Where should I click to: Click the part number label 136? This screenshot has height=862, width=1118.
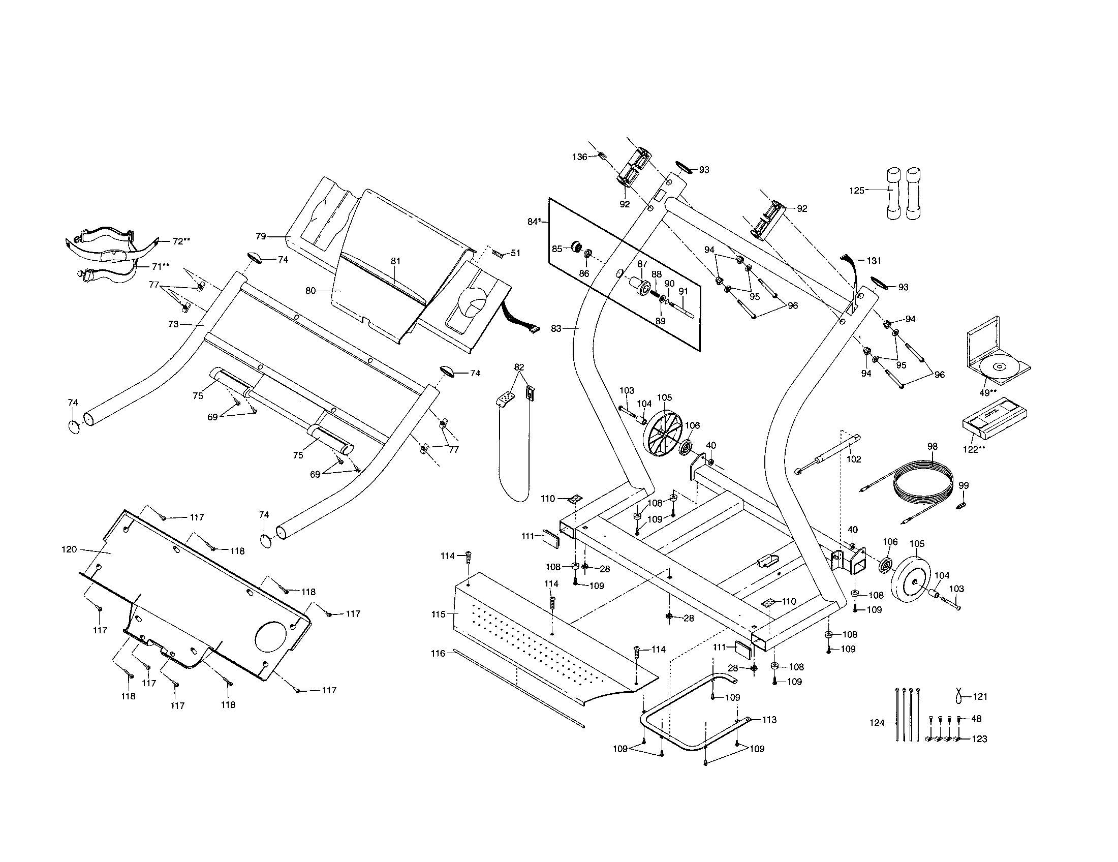pyautogui.click(x=579, y=157)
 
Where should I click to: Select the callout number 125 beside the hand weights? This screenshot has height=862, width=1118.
pyautogui.click(x=856, y=191)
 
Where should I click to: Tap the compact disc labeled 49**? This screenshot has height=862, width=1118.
pyautogui.click(x=998, y=367)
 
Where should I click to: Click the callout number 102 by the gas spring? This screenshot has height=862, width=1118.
pyautogui.click(x=853, y=459)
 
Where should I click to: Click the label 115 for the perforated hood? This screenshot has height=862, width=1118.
pyautogui.click(x=439, y=614)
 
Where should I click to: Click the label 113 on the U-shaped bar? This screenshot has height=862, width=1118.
pyautogui.click(x=769, y=720)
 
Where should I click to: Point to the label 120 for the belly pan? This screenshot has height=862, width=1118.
pyautogui.click(x=69, y=549)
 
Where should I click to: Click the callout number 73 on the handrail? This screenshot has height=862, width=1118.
pyautogui.click(x=173, y=324)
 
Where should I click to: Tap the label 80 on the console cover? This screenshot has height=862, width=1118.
pyautogui.click(x=310, y=291)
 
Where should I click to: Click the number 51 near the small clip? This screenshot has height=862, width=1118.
pyautogui.click(x=515, y=253)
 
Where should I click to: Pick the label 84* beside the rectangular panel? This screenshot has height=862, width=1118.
pyautogui.click(x=534, y=222)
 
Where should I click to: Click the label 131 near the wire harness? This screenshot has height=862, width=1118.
pyautogui.click(x=874, y=261)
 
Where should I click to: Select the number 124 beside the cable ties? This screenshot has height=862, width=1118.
pyautogui.click(x=877, y=723)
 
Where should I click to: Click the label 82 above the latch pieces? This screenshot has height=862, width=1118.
pyautogui.click(x=519, y=367)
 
